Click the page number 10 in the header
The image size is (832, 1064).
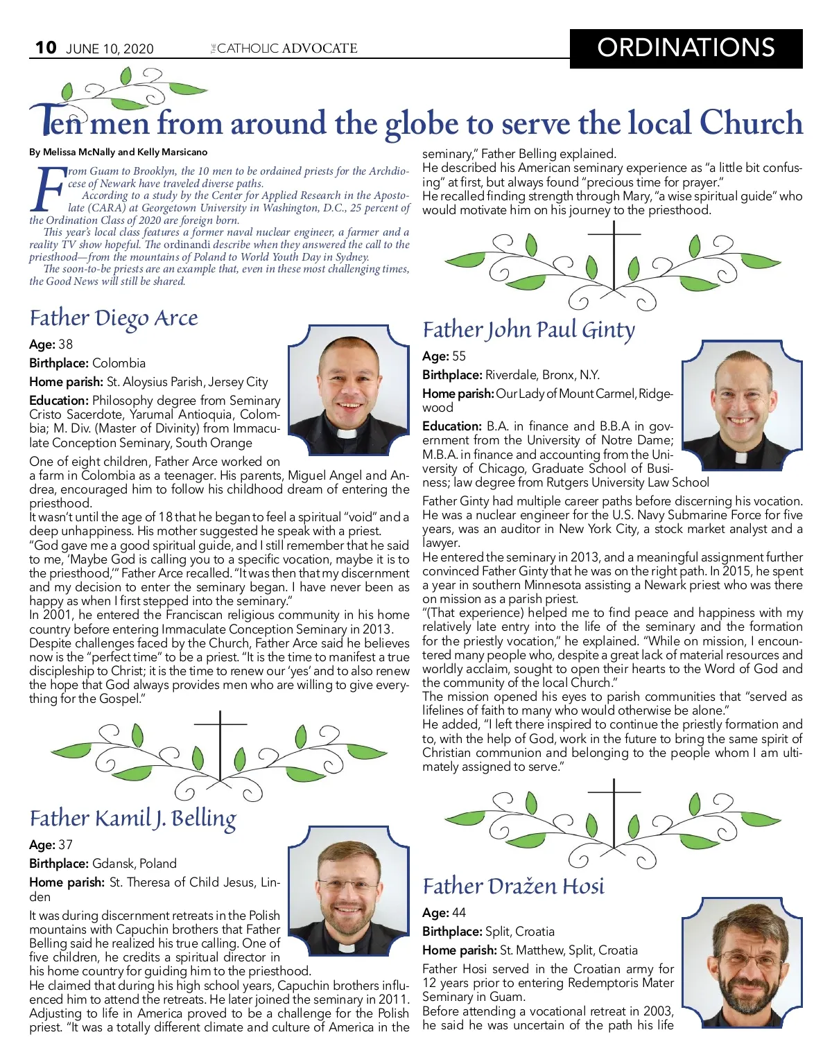pos(46,47)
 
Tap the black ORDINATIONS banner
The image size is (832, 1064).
pos(686,48)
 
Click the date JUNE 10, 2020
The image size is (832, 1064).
pos(110,49)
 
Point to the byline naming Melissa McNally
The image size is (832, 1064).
pos(118,152)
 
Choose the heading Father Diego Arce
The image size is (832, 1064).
pos(114,318)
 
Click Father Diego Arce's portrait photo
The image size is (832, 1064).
pos(348,390)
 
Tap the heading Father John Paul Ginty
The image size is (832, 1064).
pos(528,330)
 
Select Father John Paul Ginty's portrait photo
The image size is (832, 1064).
pos(741,405)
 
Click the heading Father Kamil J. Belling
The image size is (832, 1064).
pos(132,819)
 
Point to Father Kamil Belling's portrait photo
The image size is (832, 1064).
pos(348,890)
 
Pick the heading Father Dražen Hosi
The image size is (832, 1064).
pos(513,886)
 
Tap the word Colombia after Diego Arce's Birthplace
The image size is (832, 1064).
pos(119,363)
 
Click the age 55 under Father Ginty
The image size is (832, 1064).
pos(458,356)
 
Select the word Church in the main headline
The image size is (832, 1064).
pos(750,123)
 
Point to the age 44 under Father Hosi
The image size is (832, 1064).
pos(458,913)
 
